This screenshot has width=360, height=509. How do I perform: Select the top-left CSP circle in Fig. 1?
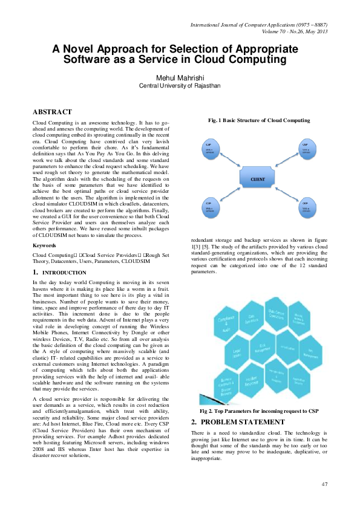(209, 149)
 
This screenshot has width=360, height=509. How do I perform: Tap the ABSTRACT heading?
(52, 112)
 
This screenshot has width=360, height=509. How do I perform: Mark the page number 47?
(324, 484)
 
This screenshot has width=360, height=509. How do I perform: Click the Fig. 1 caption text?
(259, 120)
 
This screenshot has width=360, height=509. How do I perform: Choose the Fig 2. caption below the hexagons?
(259, 411)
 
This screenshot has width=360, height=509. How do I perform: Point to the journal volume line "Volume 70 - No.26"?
(295, 31)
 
